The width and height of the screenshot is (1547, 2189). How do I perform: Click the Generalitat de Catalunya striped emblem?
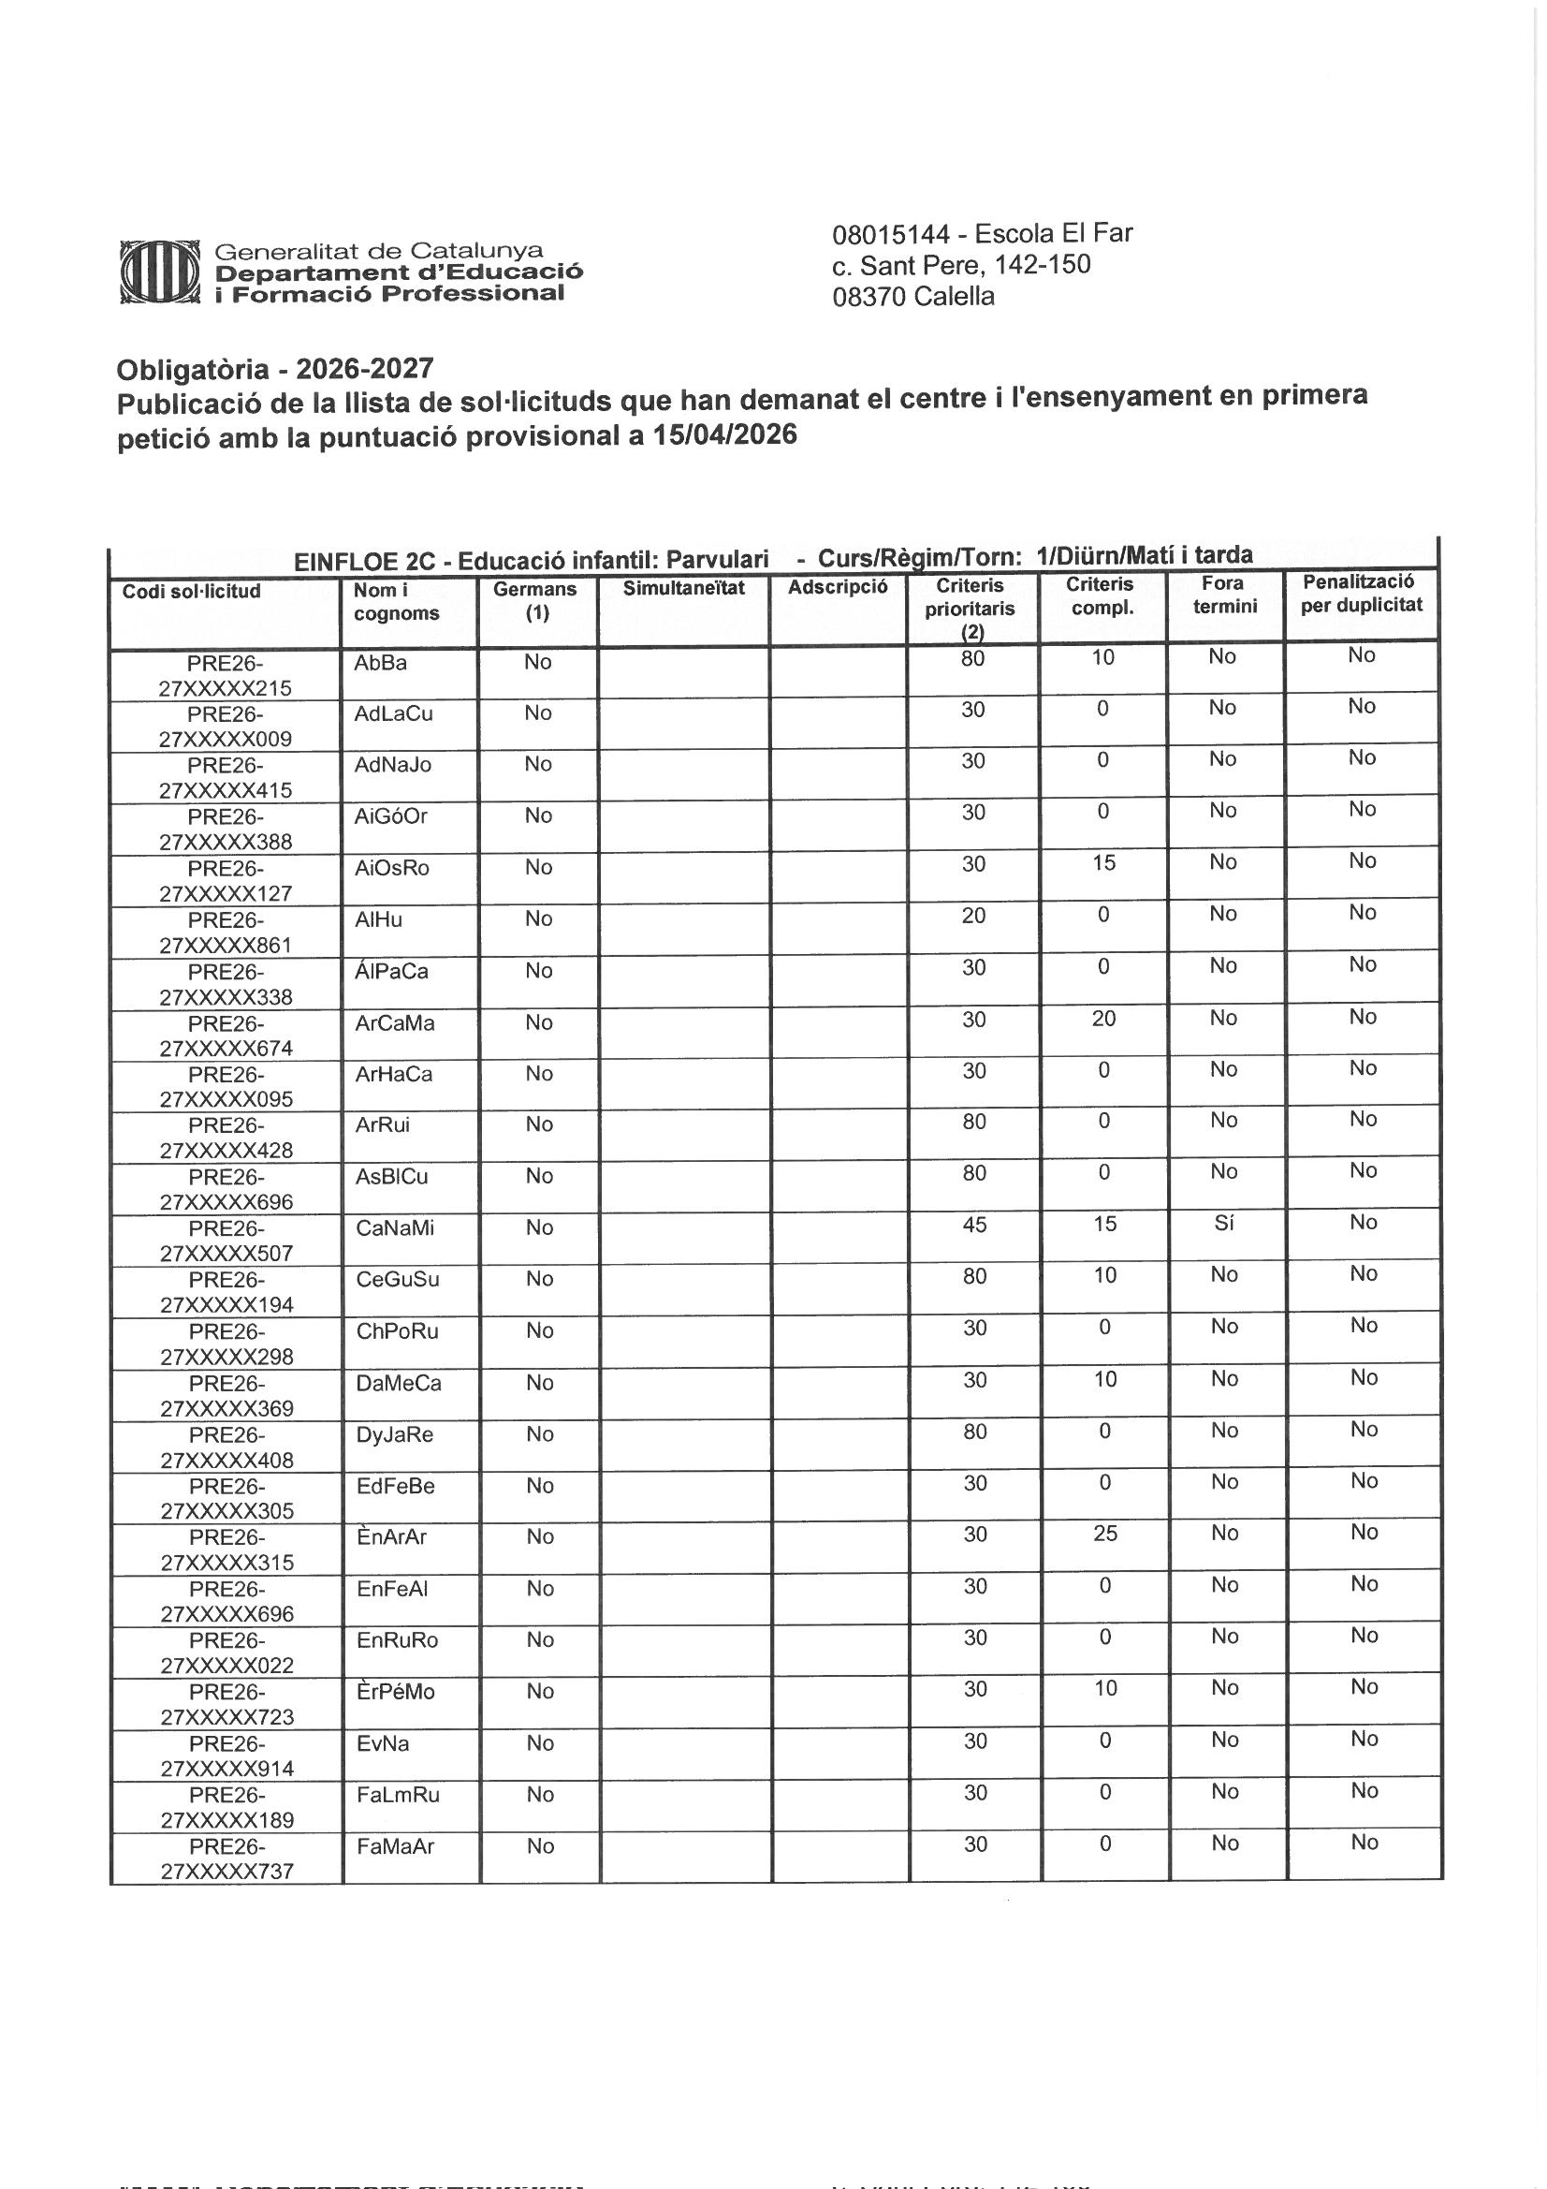(159, 272)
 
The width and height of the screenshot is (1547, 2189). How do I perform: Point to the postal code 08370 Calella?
(912, 297)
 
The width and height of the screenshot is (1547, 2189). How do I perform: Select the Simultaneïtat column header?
(683, 588)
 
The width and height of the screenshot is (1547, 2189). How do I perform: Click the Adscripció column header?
(837, 587)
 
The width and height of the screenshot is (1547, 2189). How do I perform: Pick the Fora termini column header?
(1224, 594)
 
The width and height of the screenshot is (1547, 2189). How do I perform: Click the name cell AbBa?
(380, 663)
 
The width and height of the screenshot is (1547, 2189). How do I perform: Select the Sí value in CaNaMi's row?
(1224, 1223)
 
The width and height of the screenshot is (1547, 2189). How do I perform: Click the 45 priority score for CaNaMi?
(974, 1224)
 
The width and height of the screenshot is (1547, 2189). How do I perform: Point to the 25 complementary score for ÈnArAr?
(1104, 1534)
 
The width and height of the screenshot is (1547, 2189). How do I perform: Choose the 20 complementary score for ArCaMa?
(1103, 1019)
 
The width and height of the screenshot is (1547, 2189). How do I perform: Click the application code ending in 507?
(226, 1240)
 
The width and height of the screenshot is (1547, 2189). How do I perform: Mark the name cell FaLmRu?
(398, 1794)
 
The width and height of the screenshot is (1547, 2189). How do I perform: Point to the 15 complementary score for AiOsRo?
(1102, 863)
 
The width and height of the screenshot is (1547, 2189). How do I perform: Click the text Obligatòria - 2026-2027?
(274, 369)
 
